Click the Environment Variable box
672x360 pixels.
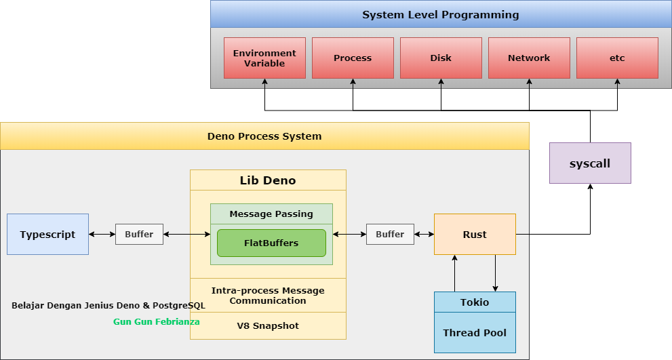pos(264,58)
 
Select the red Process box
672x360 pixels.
pos(353,58)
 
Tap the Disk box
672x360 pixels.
pos(441,58)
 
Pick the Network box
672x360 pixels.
pos(529,58)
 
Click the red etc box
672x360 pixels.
pos(617,58)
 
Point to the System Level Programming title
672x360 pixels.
pos(440,14)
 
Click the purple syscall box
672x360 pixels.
pos(590,163)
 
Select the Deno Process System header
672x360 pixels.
pos(264,136)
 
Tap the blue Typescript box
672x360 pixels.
pos(47,235)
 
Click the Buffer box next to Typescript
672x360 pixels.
pos(139,234)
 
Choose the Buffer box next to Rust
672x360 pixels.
pos(390,234)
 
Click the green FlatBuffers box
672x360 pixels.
pos(271,243)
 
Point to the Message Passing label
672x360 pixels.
pos(271,214)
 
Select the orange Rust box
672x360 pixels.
pos(475,235)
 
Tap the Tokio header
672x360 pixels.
pos(475,302)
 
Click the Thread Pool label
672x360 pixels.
pos(475,333)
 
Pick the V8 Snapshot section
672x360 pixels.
pos(268,325)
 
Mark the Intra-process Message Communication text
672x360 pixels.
pos(268,295)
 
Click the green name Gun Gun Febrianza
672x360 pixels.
pos(157,321)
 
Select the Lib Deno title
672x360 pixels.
pos(268,180)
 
